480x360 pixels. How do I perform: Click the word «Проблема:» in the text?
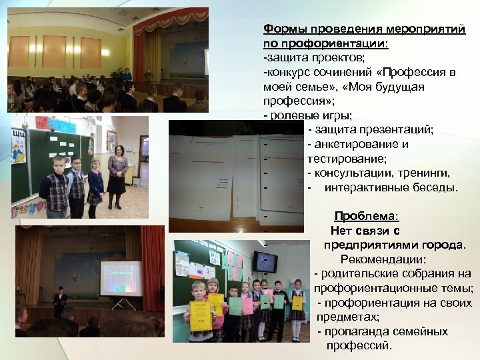[x=366, y=217]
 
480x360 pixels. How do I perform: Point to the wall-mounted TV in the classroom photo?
[x=265, y=261]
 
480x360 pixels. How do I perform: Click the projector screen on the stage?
[x=121, y=279]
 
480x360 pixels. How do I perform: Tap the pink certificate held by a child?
[x=247, y=305]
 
